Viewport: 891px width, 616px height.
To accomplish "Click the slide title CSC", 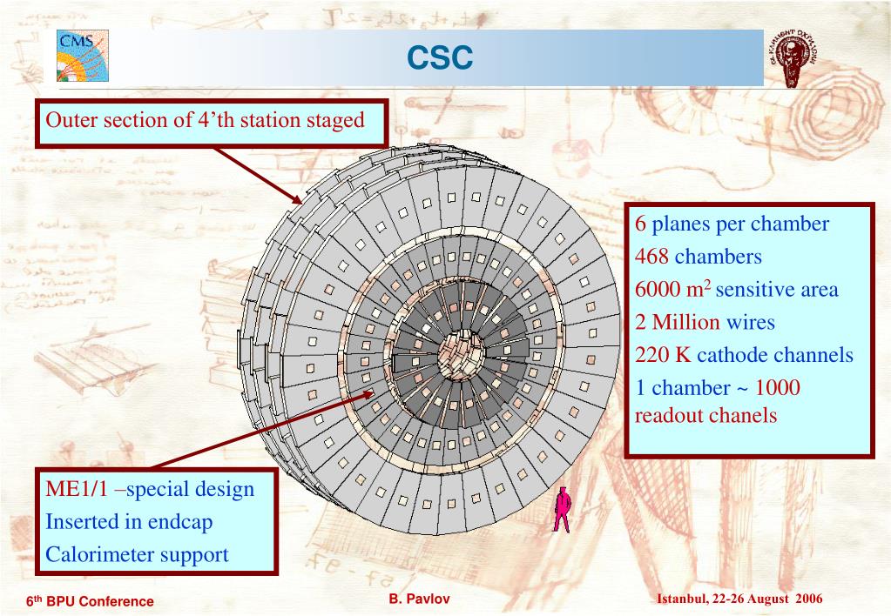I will (x=441, y=57).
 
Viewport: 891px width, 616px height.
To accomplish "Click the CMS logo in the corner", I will (x=83, y=55).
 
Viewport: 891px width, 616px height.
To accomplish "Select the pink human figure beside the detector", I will (x=562, y=509).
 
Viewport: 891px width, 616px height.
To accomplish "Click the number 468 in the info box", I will (x=651, y=257).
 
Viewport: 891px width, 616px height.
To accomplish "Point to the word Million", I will (x=686, y=323).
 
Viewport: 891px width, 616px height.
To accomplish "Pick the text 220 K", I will (x=663, y=355).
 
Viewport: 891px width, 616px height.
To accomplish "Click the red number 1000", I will (x=777, y=388).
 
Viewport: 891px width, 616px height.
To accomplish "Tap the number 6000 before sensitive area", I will (x=658, y=290).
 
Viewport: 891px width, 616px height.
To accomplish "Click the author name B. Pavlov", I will (x=420, y=599).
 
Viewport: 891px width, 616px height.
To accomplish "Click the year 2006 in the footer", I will (x=808, y=599).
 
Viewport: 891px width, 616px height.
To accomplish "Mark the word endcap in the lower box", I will (x=179, y=522).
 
